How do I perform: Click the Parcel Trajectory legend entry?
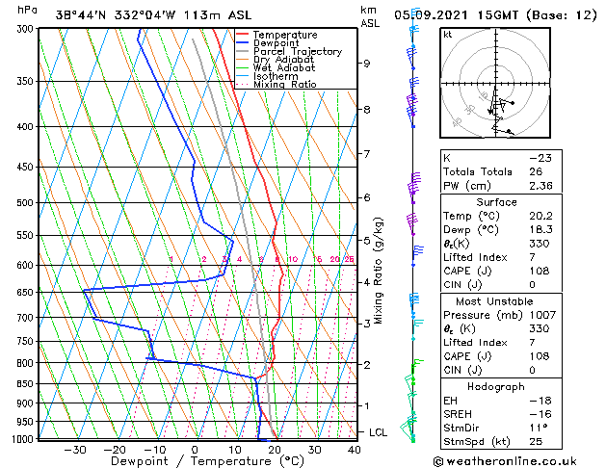[x=297, y=52]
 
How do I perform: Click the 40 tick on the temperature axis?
[x=355, y=450]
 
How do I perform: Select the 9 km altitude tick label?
[x=367, y=64]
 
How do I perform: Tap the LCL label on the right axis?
[x=378, y=433]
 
